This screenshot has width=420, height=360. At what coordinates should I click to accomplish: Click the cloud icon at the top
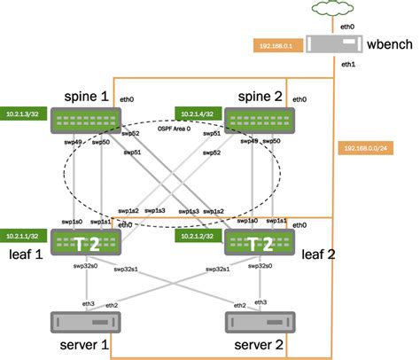point(338,11)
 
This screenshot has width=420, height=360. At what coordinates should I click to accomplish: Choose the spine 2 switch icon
point(255,121)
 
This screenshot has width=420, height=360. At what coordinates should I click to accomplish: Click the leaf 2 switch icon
point(255,241)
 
